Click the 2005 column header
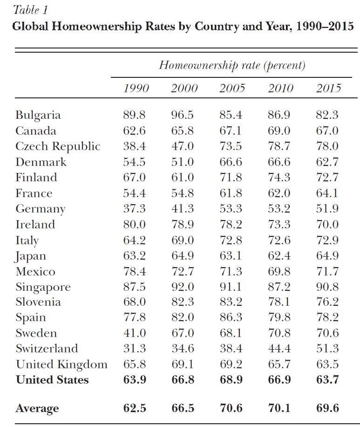(x=232, y=89)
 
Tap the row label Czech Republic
(x=58, y=146)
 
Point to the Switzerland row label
(x=47, y=349)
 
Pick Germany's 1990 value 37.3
(x=135, y=209)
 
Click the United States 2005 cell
(x=231, y=380)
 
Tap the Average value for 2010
(x=280, y=408)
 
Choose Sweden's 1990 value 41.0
(x=135, y=333)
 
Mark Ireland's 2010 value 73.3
(x=279, y=224)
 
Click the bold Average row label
(x=37, y=409)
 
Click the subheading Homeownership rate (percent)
(x=232, y=65)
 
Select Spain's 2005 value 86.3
(x=231, y=318)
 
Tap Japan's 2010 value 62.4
(x=279, y=255)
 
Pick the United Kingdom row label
(x=61, y=365)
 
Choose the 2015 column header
(x=328, y=89)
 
